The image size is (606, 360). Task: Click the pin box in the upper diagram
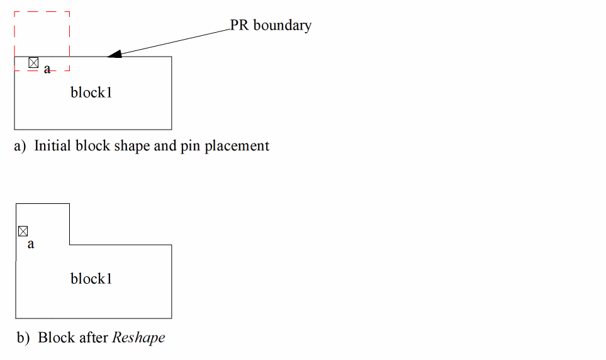pyautogui.click(x=33, y=63)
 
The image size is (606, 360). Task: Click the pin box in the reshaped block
pyautogui.click(x=23, y=231)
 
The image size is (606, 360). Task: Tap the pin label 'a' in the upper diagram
pyautogui.click(x=47, y=69)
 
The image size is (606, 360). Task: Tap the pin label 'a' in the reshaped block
pyautogui.click(x=31, y=244)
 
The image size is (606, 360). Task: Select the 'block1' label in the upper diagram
pyautogui.click(x=91, y=93)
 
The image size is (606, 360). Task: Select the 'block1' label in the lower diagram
pyautogui.click(x=91, y=279)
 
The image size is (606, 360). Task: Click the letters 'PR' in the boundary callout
pyautogui.click(x=239, y=25)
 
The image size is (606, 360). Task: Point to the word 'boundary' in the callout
pyautogui.click(x=283, y=26)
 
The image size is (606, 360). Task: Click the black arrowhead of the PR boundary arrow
pyautogui.click(x=115, y=54)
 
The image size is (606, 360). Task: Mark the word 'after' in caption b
pyautogui.click(x=94, y=337)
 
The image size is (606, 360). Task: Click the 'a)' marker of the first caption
pyautogui.click(x=20, y=147)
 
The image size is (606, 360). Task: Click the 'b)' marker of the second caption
pyautogui.click(x=23, y=338)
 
